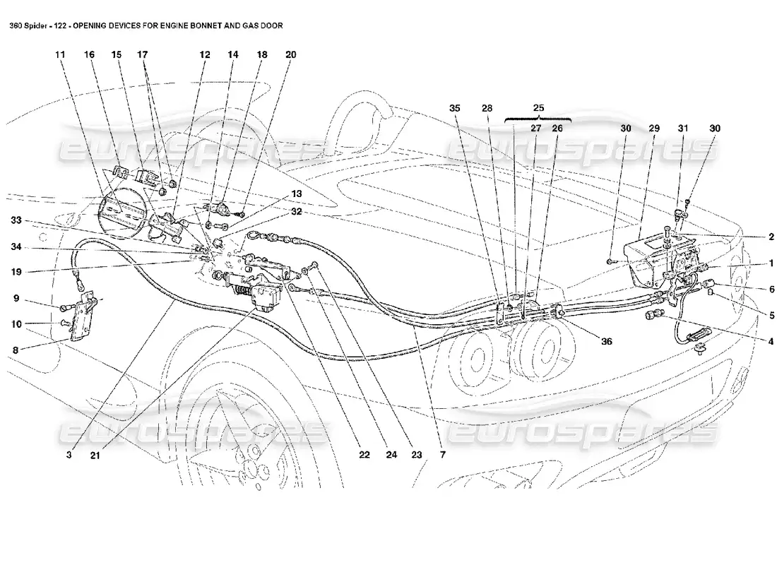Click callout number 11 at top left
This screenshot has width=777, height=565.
click(x=60, y=54)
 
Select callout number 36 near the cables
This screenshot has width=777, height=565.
click(x=607, y=340)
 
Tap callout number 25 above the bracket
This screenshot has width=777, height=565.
click(x=539, y=108)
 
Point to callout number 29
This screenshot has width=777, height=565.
click(x=653, y=129)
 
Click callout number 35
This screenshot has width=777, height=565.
click(x=454, y=108)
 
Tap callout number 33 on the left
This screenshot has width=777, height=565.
click(x=16, y=222)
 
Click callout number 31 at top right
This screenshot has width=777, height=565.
click(x=682, y=129)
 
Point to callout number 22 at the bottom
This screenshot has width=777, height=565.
click(x=364, y=456)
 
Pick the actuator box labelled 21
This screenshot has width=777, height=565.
click(x=266, y=299)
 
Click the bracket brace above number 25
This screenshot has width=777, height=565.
click(x=538, y=121)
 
